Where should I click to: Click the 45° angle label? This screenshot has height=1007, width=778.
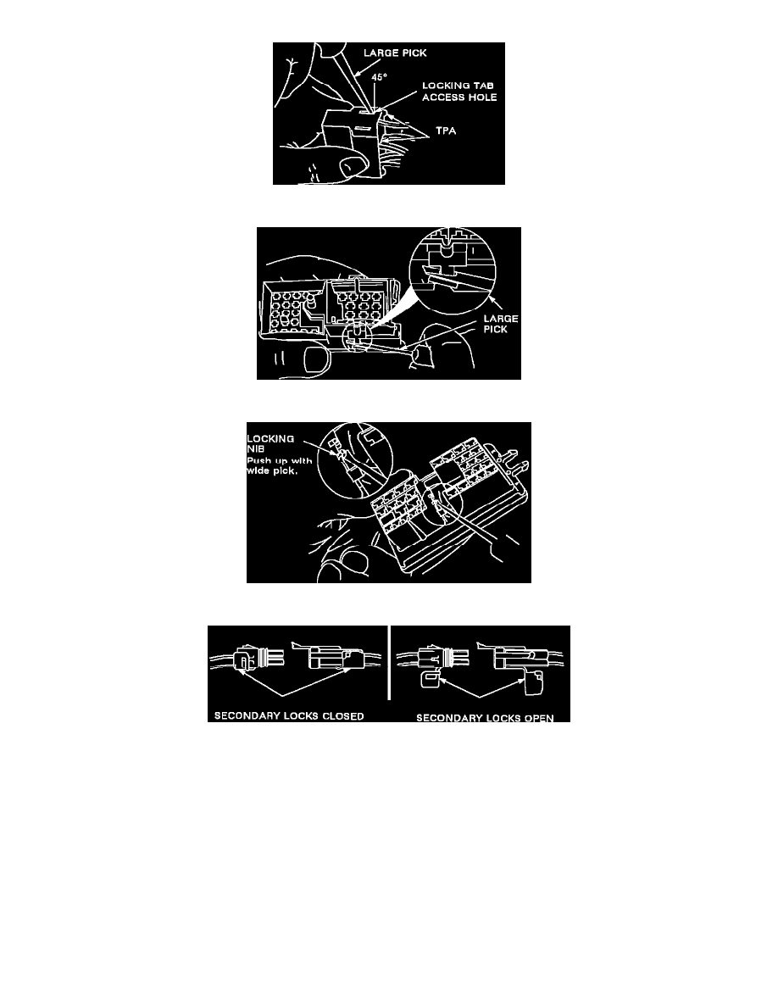(380, 77)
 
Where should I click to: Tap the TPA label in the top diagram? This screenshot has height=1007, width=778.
(446, 131)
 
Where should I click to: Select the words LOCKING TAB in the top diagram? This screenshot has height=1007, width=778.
(458, 86)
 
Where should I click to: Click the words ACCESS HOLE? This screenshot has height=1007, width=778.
(459, 97)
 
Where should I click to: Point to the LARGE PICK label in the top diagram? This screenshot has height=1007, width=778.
(395, 53)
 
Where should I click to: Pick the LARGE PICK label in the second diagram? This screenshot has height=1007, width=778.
(501, 324)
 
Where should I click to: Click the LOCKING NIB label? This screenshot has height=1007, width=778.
(270, 444)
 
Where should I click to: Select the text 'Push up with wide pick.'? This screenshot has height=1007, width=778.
(279, 465)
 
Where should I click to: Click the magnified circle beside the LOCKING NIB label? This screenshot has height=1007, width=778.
(356, 459)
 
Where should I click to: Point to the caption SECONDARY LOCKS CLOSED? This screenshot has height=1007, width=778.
(289, 716)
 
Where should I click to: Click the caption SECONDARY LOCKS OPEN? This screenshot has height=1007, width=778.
(485, 718)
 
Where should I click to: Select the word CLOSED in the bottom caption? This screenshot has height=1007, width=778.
(342, 716)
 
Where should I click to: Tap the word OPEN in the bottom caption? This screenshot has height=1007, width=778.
(539, 718)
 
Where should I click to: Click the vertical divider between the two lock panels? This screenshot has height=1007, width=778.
(389, 663)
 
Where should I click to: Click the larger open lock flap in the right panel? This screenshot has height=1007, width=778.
(533, 682)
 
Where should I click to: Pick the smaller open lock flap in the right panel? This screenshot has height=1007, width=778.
(430, 680)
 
